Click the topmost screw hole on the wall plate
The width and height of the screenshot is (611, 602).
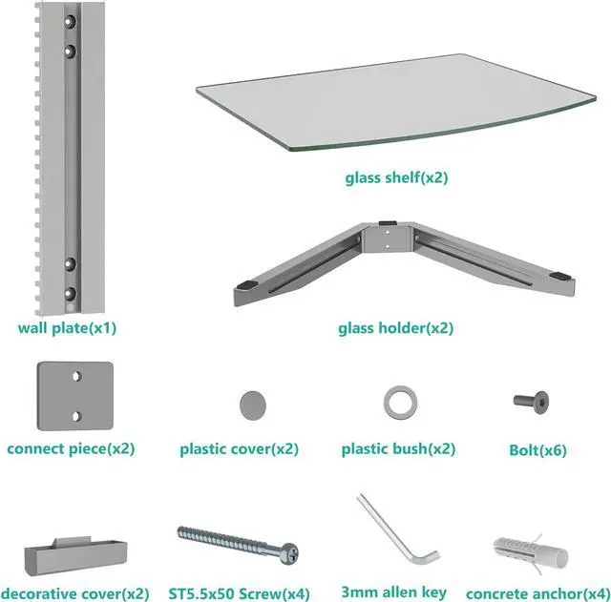(70, 20)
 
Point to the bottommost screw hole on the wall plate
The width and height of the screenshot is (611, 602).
(70, 292)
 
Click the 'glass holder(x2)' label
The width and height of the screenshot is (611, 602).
(395, 328)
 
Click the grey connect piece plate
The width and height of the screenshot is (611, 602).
(74, 396)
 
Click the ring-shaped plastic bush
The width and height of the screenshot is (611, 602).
(398, 401)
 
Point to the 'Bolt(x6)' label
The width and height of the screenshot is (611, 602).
(538, 449)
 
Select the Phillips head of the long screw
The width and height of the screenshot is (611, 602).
(289, 551)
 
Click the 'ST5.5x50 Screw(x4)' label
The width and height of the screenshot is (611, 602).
(243, 592)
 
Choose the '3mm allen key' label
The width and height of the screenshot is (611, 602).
(392, 592)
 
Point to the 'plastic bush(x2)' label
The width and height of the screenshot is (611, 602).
(399, 448)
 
